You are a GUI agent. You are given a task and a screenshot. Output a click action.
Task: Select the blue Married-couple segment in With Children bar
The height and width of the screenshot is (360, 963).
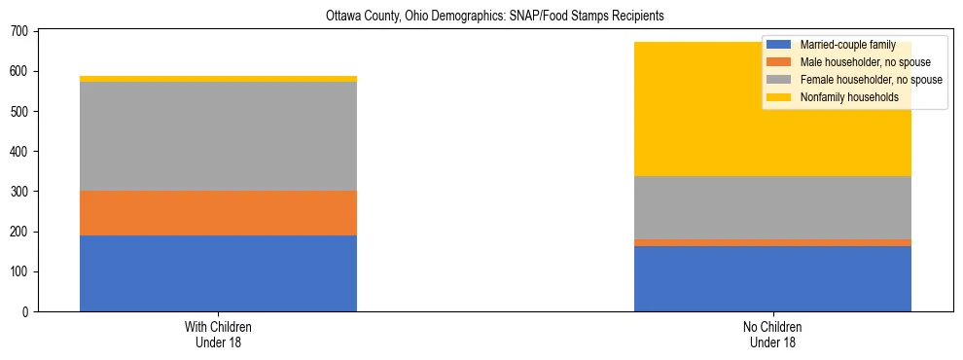click(x=218, y=273)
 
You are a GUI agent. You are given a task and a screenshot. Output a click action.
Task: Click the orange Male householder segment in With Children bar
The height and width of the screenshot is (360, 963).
click(x=218, y=213)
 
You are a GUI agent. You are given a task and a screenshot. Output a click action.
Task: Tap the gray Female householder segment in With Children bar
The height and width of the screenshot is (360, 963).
click(x=218, y=136)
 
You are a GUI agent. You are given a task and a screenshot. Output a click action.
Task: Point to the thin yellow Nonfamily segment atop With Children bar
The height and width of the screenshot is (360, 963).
click(x=218, y=79)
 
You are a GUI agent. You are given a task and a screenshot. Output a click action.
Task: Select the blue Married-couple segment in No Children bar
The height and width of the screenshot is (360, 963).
click(x=772, y=278)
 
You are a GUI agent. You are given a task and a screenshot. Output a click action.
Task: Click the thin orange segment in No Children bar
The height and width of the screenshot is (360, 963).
click(x=772, y=242)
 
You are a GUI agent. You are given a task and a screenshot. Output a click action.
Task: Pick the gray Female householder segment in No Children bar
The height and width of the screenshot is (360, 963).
click(x=772, y=207)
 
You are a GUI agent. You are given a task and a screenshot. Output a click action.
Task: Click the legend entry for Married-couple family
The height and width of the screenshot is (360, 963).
click(x=846, y=45)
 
